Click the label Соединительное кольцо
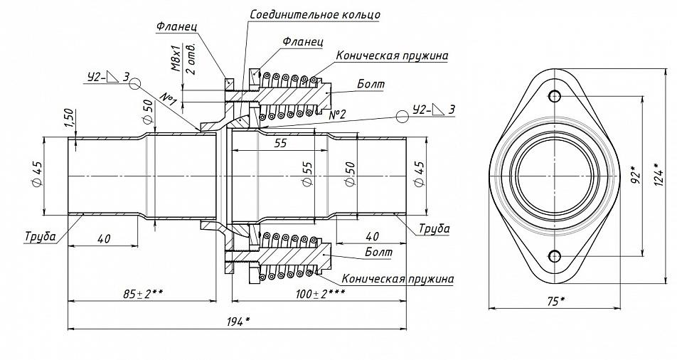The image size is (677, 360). click(x=315, y=14)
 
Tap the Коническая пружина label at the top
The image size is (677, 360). click(x=392, y=55)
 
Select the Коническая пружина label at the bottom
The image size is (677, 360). click(x=398, y=278)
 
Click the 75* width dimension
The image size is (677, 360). click(x=553, y=301)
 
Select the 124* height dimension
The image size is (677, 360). click(x=658, y=174)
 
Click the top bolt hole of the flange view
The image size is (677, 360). click(x=555, y=96)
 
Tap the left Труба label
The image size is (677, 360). click(x=40, y=236)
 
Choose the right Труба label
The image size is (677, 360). click(x=434, y=228)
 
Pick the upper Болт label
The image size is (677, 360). click(x=371, y=84)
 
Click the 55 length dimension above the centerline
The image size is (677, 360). click(x=281, y=143)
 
